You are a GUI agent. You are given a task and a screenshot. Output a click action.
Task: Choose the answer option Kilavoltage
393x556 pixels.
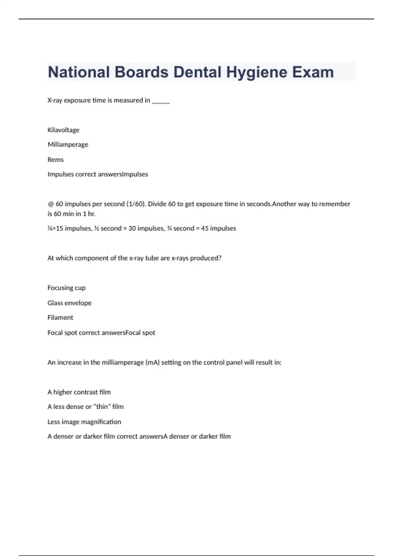pos(63,130)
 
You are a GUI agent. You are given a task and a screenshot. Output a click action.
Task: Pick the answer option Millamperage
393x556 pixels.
pos(68,145)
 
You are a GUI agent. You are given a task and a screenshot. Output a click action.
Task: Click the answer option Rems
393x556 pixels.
pos(56,160)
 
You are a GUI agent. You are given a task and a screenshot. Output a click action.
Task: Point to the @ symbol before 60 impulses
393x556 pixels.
pos(50,204)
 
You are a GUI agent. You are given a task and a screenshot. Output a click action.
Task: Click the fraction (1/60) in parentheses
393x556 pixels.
pos(136,204)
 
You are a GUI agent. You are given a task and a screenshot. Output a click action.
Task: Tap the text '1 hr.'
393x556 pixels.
pos(88,214)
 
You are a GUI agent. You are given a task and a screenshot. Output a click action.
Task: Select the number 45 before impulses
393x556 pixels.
pos(204,228)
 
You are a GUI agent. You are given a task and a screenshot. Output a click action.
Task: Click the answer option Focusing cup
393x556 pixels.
pos(66,288)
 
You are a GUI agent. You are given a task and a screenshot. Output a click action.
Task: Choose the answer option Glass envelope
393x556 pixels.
pos(69,303)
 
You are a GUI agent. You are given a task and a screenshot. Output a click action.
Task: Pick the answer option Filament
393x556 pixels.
pos(60,318)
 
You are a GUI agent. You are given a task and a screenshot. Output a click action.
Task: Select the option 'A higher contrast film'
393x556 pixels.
pos(79,392)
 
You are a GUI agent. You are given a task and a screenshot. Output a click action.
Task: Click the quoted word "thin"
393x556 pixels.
pos(102,407)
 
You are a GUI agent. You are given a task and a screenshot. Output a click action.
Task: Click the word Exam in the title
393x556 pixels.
pos(313,72)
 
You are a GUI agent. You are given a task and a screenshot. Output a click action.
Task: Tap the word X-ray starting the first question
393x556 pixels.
pos(55,100)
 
